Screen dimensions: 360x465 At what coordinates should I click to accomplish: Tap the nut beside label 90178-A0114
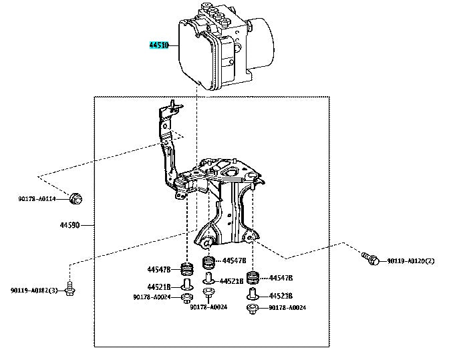(x=76, y=198)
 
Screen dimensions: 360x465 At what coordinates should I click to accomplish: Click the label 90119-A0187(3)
(x=34, y=290)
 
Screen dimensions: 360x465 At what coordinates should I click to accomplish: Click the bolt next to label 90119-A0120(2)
(x=369, y=256)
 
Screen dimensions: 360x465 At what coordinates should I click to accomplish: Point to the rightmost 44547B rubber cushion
(x=253, y=278)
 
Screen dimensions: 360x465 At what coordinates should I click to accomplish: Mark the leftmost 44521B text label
(x=159, y=286)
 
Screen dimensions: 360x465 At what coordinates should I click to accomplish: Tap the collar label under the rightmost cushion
(x=280, y=295)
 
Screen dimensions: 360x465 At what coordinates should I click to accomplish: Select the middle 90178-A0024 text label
(x=208, y=307)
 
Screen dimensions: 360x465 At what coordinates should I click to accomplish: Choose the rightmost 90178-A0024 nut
(x=253, y=308)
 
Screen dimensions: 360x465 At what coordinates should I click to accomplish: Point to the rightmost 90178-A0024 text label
(x=287, y=308)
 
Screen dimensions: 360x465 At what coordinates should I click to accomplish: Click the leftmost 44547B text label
(x=160, y=269)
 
